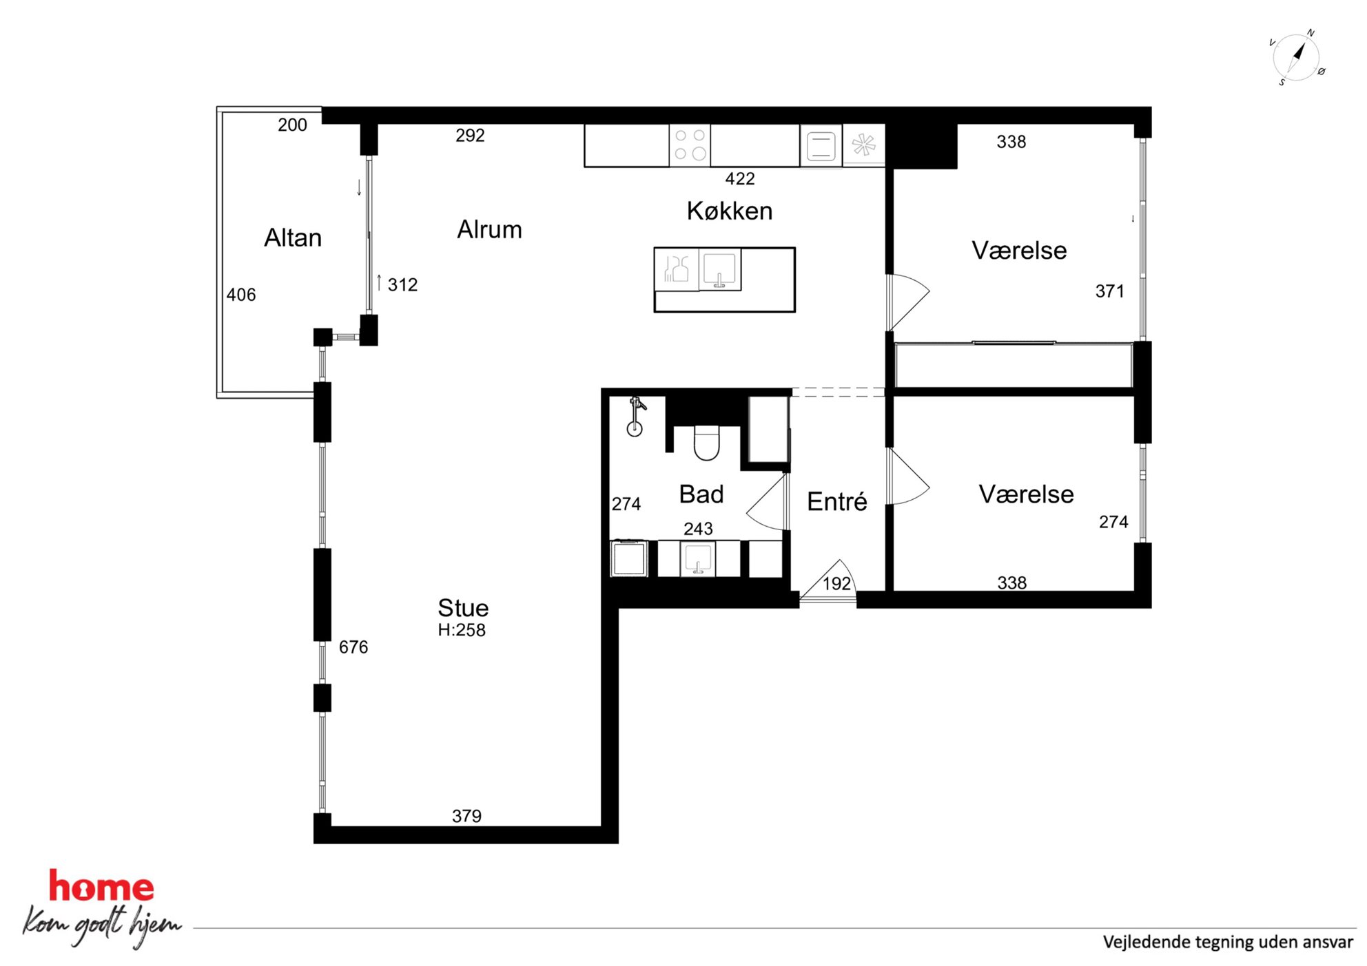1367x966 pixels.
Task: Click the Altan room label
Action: [293, 238]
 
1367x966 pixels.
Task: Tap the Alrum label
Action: [489, 229]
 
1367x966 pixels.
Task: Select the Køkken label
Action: [730, 211]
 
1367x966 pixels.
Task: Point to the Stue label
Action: [463, 608]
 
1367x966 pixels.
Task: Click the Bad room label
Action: [701, 494]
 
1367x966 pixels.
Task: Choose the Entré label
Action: [836, 501]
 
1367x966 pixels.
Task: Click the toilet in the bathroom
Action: [706, 442]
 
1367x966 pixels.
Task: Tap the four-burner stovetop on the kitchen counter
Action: [690, 145]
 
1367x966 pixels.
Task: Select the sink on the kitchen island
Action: [719, 269]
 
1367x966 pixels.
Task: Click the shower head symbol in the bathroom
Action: [635, 417]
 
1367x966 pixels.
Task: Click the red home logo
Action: [101, 887]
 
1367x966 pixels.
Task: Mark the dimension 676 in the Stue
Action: [353, 647]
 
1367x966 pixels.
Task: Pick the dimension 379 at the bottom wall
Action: [466, 816]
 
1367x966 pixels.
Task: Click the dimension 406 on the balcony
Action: [241, 295]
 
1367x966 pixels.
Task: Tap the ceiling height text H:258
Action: [462, 630]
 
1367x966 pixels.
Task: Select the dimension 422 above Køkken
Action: [740, 179]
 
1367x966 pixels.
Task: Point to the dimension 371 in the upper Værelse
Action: [1110, 291]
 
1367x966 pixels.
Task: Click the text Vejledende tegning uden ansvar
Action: [1228, 942]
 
